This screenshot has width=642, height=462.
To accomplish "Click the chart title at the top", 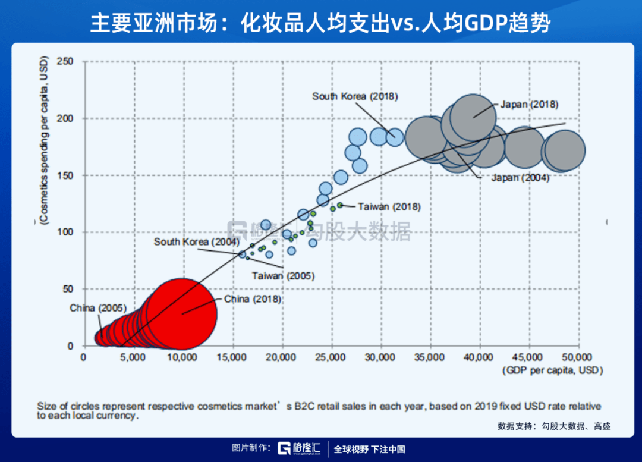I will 321,23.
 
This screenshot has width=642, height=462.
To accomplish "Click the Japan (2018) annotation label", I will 529,104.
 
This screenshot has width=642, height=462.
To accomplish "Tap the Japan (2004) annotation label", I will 520,177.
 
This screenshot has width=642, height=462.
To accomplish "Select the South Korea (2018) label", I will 355,96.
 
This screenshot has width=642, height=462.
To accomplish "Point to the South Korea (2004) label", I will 196,241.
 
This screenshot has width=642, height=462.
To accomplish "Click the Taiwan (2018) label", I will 389,207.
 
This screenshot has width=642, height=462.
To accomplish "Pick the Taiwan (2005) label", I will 283,276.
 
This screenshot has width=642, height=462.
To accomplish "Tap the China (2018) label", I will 253,299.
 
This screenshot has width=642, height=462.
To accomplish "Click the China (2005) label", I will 98,308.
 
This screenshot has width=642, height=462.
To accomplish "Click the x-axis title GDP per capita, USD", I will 552,370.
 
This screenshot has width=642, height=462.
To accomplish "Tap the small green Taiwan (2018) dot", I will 340,205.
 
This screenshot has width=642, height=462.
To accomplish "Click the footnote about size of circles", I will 319,410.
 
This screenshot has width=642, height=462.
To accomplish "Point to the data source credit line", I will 554,426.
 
